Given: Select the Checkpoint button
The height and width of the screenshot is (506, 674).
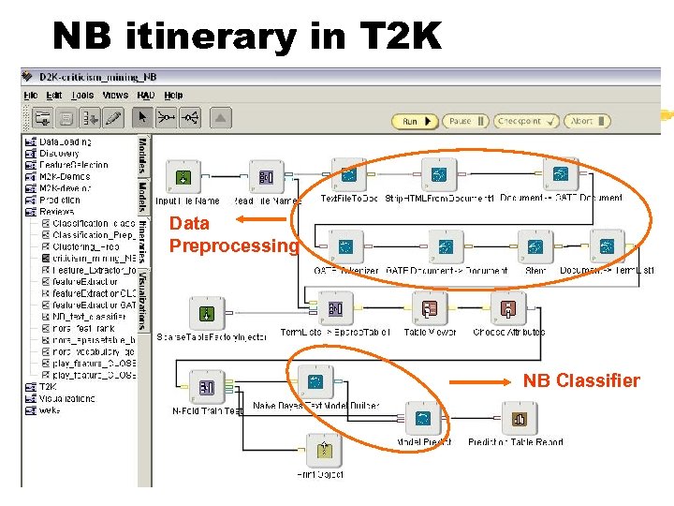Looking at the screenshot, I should click(526, 121).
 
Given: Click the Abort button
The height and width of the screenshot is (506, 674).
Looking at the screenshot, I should click(588, 121).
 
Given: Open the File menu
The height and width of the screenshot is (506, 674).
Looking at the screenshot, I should click(31, 95).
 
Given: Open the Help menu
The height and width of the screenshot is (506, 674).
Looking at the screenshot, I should click(173, 95).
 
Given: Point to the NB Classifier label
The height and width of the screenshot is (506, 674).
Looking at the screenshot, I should click(580, 380).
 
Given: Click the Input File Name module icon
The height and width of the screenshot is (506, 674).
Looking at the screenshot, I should click(184, 176).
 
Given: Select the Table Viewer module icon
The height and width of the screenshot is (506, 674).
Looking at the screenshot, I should click(430, 308).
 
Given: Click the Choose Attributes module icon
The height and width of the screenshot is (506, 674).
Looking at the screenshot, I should click(508, 308).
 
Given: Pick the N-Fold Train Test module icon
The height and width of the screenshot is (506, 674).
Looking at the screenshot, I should click(207, 387).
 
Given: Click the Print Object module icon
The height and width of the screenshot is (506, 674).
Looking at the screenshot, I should click(325, 452).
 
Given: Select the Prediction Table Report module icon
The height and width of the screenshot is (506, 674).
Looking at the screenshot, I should click(520, 419).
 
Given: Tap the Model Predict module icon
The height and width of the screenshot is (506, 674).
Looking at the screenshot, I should click(423, 419).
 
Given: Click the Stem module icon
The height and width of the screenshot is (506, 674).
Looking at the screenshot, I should click(535, 247).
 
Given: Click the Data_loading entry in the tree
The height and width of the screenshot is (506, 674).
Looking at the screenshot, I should click(65, 141).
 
